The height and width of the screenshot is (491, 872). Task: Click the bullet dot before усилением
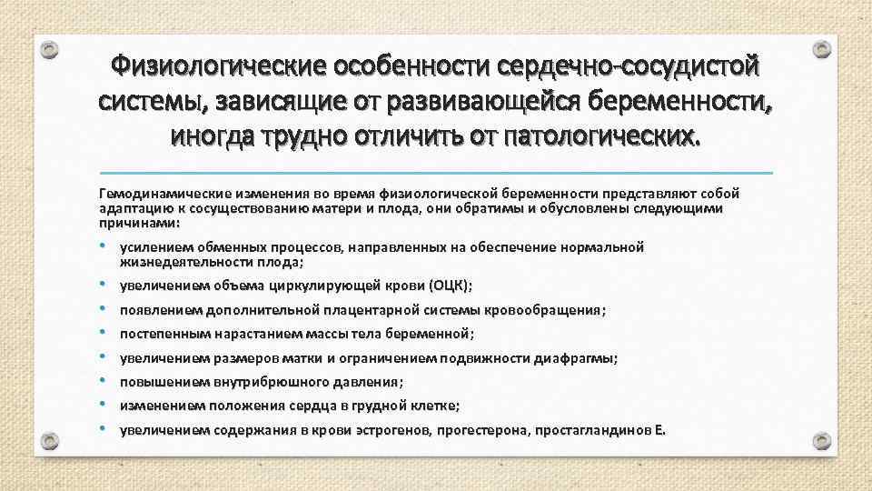(x=106, y=245)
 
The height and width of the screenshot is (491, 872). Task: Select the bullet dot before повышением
(x=106, y=381)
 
